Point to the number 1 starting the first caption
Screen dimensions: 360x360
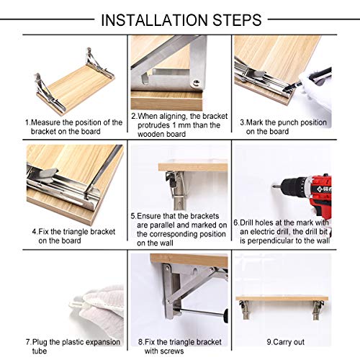click(x=27, y=122)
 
